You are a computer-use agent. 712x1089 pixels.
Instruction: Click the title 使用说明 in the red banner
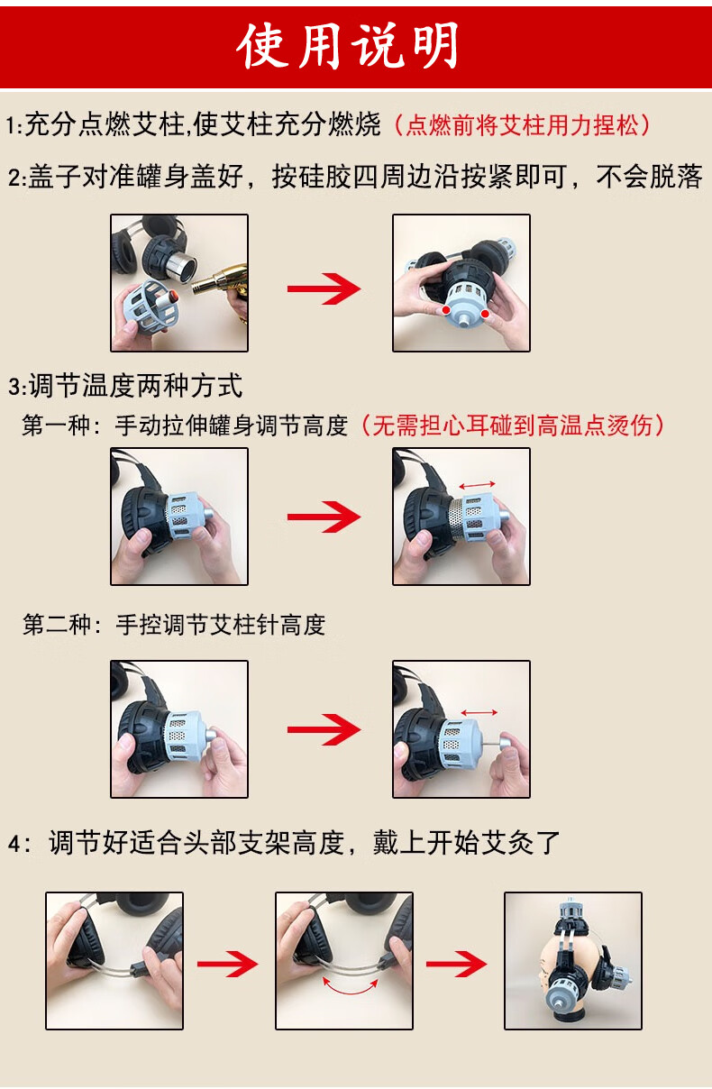click(x=348, y=46)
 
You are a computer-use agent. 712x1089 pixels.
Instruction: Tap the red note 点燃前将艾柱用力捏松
click(x=522, y=125)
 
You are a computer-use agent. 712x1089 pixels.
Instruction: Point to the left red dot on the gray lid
click(x=446, y=310)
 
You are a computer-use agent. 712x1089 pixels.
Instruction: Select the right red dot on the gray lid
click(x=485, y=314)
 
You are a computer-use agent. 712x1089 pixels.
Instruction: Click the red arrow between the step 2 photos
click(x=324, y=288)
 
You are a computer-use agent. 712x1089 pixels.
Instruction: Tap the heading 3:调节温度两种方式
click(x=125, y=386)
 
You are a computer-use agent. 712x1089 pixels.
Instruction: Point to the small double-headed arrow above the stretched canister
click(x=478, y=485)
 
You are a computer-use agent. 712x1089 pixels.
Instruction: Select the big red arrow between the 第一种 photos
click(x=324, y=517)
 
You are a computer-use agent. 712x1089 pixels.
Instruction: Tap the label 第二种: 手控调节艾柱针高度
click(x=174, y=624)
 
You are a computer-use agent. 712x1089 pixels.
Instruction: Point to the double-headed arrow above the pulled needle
click(x=479, y=713)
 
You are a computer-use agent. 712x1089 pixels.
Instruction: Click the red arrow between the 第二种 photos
click(x=324, y=729)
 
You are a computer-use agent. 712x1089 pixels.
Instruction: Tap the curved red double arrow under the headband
click(x=351, y=987)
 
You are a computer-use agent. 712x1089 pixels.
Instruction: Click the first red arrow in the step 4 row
click(x=227, y=964)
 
